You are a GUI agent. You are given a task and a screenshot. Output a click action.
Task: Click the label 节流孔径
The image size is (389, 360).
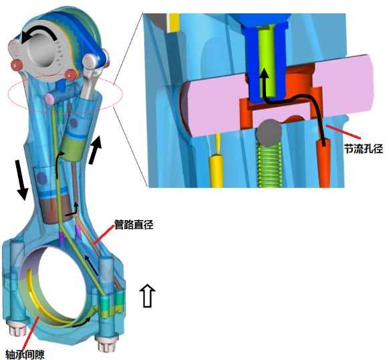[363, 149]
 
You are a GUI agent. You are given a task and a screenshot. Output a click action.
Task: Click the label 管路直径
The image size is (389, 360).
[134, 224]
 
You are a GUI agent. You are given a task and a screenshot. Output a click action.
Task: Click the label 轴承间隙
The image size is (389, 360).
[25, 354]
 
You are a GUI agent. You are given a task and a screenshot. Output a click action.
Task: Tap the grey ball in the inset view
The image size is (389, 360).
[269, 132]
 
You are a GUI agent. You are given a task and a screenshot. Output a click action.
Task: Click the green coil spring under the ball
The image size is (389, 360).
[269, 165]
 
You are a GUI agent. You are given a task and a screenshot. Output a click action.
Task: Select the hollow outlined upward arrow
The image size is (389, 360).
[147, 295]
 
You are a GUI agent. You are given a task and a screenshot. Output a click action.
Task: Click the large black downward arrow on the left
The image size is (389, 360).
[21, 179]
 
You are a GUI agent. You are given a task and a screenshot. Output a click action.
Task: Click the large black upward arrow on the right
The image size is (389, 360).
[96, 150]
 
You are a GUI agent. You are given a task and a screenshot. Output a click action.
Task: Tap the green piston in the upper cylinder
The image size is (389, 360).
[72, 149]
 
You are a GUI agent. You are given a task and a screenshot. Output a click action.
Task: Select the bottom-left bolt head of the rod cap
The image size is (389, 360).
[18, 330]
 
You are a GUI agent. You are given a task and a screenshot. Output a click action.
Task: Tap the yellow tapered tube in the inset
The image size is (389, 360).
[217, 161]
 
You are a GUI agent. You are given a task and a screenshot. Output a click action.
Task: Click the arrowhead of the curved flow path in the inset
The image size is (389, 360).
[264, 73]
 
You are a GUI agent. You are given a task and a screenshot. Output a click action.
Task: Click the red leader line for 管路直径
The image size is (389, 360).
[104, 234]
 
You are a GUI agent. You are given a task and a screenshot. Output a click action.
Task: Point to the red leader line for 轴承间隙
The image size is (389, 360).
[30, 333]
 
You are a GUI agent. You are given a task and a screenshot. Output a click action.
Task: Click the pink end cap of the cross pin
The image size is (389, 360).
[49, 99]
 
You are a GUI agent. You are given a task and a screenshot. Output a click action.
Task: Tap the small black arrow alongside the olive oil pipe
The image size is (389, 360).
[92, 266]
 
